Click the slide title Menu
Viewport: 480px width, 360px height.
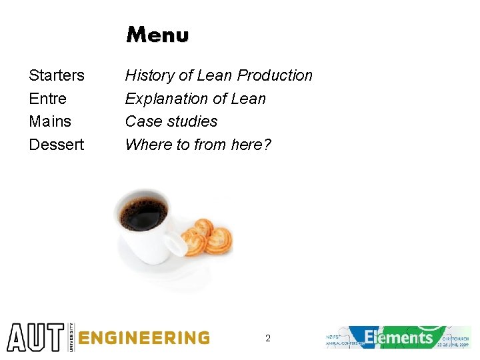tap(157, 35)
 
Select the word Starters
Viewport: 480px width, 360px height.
tap(57, 75)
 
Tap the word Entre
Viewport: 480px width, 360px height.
tap(48, 99)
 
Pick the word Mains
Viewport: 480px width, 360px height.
tap(50, 121)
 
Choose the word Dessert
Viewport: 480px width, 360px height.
tap(57, 145)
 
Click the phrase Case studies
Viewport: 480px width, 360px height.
tap(171, 121)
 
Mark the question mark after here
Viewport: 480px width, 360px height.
tap(267, 145)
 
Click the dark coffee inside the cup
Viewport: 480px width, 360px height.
tap(144, 213)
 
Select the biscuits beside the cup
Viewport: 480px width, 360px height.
tap(208, 238)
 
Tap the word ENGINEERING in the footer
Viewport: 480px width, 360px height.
tap(143, 338)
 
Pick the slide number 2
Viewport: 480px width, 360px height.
tap(268, 338)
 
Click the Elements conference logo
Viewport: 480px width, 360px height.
tap(399, 337)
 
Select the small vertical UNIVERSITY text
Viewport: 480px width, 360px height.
tap(69, 337)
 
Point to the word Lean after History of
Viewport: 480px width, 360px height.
tap(215, 75)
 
